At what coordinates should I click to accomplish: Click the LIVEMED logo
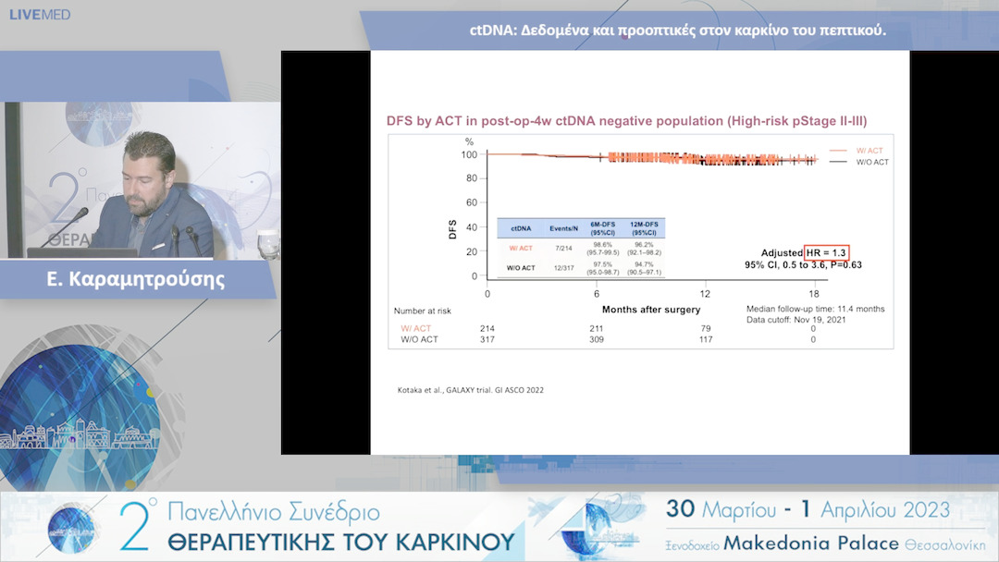coord(40,15)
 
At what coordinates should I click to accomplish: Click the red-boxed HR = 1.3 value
coord(825,252)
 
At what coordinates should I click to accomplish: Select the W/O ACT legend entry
coord(871,162)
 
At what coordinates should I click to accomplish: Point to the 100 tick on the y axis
coord(469,154)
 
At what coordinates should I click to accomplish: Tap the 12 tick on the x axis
coord(705,293)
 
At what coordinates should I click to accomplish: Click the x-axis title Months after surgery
coord(651,309)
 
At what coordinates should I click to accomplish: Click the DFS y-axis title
coord(453,229)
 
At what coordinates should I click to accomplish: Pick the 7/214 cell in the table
coord(564,248)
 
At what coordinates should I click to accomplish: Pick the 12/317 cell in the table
coord(564,268)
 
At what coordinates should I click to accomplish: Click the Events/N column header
coord(564,226)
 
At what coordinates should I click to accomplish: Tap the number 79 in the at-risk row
coord(705,328)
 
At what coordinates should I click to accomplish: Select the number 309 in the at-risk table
coord(597,339)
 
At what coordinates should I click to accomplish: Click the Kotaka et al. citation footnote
coord(470,390)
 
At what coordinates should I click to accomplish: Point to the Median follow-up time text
coord(815,309)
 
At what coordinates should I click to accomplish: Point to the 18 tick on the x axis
coord(813,293)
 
